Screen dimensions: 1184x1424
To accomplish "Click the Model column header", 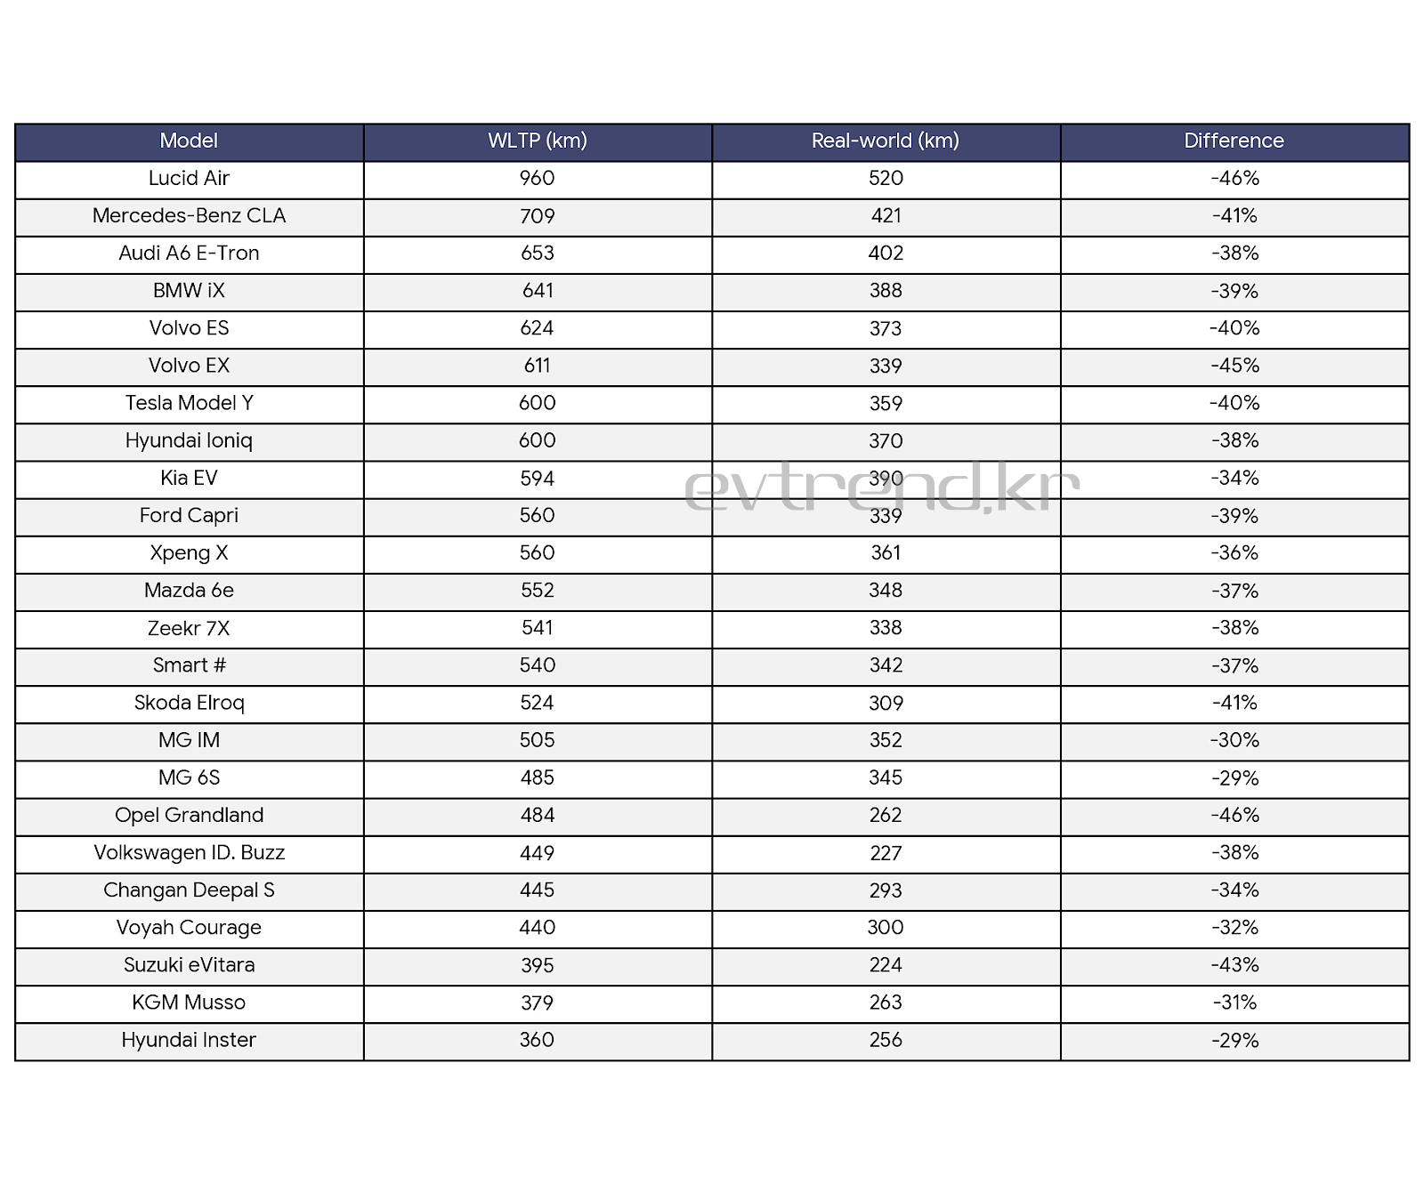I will [x=189, y=141].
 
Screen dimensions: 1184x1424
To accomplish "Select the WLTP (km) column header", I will [x=538, y=141].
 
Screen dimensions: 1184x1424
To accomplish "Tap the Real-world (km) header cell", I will [x=886, y=141].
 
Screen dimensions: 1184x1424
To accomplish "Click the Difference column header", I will [x=1234, y=141].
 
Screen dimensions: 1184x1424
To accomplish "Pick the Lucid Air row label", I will [x=189, y=179].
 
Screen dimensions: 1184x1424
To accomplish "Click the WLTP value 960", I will [x=538, y=179].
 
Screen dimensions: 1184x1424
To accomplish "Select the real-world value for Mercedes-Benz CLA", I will [x=886, y=216].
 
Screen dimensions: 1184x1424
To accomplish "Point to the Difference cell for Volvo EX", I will [x=1234, y=366].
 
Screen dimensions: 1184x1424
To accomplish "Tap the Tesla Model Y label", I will [x=189, y=404].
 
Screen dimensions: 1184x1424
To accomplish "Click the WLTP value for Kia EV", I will [x=538, y=479].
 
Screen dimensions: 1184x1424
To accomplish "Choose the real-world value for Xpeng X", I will [x=886, y=553].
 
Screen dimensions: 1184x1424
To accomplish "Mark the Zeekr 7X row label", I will [x=189, y=629].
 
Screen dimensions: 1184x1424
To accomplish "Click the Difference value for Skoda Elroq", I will [x=1234, y=704].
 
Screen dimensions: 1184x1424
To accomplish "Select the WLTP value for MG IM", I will [x=538, y=741].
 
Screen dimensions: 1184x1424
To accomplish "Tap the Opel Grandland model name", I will [x=189, y=816].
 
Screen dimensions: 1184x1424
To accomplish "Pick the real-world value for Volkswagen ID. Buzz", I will [x=886, y=853].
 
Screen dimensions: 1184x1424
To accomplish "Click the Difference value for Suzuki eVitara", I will [x=1234, y=966].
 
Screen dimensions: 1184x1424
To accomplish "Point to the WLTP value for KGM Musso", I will [x=538, y=1003].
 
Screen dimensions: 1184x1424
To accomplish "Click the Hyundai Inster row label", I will [x=189, y=1041].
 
